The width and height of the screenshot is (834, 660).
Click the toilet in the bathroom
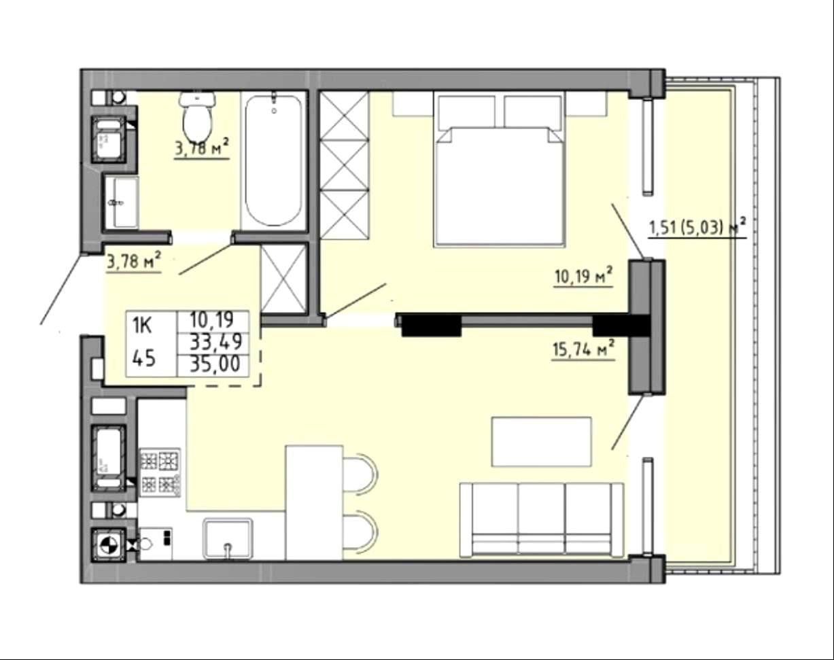pyautogui.click(x=197, y=115)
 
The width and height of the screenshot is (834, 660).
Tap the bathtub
pyautogui.click(x=274, y=160)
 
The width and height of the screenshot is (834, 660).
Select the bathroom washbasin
pyautogui.click(x=121, y=202)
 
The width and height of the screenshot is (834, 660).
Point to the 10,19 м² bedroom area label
pyautogui.click(x=584, y=277)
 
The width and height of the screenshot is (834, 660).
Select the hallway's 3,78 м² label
pyautogui.click(x=134, y=261)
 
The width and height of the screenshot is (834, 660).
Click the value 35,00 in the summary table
pyautogui.click(x=215, y=365)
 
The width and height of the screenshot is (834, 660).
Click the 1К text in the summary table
pyautogui.click(x=142, y=325)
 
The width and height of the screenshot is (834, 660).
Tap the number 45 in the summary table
pyautogui.click(x=144, y=358)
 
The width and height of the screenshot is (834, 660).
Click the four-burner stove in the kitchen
pyautogui.click(x=160, y=472)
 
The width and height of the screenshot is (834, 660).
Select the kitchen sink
pyautogui.click(x=228, y=539)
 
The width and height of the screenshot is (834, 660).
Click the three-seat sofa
pyautogui.click(x=542, y=520)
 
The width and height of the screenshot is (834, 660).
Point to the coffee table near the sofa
pyautogui.click(x=542, y=442)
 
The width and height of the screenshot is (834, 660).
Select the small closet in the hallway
pyautogui.click(x=285, y=278)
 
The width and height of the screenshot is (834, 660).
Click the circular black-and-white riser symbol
pyautogui.click(x=109, y=545)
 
